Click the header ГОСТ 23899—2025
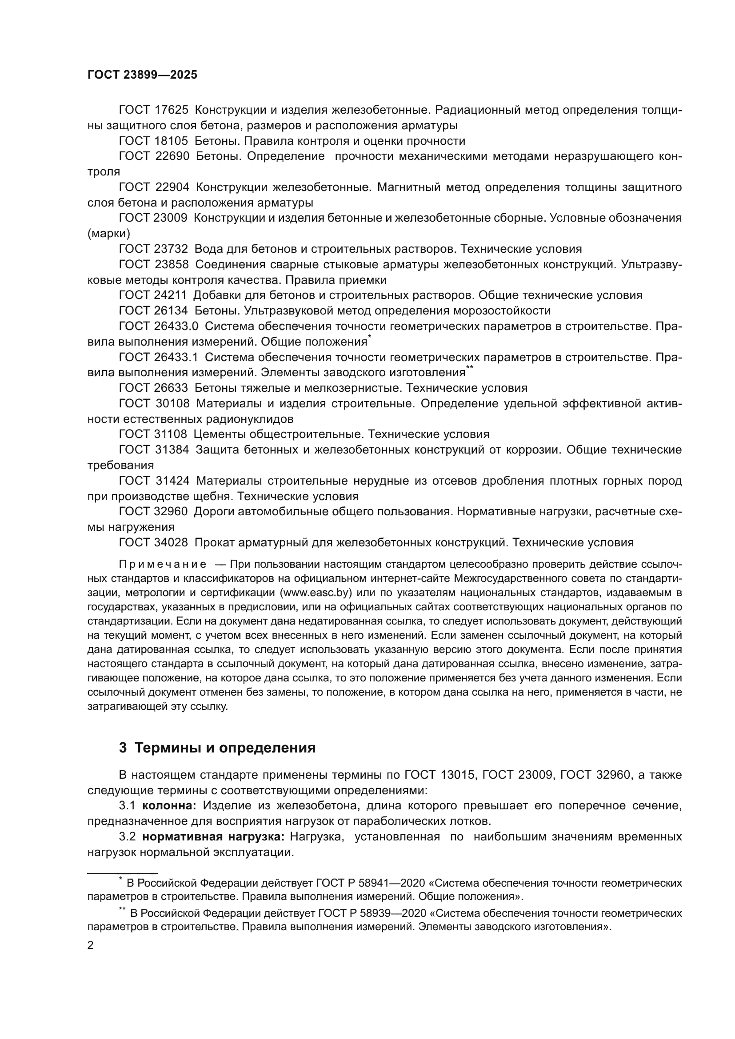pos(142,75)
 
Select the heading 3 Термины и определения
pos(217,748)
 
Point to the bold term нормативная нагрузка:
pos(213,836)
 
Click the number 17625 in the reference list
pos(172,110)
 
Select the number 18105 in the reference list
pos(172,141)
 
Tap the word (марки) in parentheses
pos(108,234)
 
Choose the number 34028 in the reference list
pos(172,542)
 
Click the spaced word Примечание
pos(163,564)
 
